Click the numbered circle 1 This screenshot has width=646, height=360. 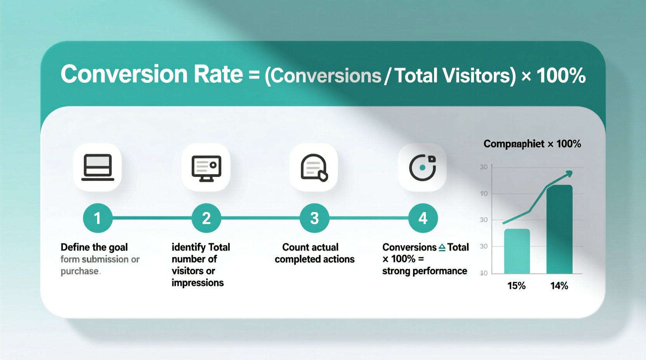(x=97, y=218)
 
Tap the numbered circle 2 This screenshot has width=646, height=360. (x=206, y=218)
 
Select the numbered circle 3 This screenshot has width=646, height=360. (x=314, y=218)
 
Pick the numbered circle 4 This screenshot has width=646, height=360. (x=423, y=218)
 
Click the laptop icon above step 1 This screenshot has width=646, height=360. (x=97, y=167)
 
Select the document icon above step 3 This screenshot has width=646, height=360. (x=314, y=168)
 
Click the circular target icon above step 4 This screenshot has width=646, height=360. (x=422, y=168)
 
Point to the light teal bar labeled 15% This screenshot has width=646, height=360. (x=517, y=251)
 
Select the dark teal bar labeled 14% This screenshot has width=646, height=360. (x=559, y=230)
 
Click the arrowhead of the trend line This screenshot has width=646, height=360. (x=569, y=173)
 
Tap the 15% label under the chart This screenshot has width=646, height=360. (x=516, y=286)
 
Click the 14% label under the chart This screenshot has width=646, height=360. (x=559, y=286)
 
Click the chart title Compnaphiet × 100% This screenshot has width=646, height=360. (x=532, y=144)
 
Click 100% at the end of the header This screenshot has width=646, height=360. (x=561, y=76)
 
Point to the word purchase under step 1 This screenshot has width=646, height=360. (x=80, y=271)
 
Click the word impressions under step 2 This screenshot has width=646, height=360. (x=198, y=283)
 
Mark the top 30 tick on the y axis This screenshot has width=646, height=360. (x=484, y=167)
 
